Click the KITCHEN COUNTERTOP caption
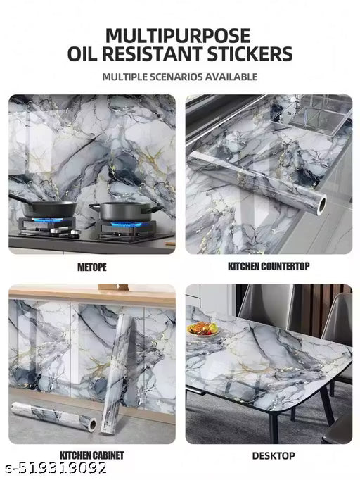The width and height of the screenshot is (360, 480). click(268, 267)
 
